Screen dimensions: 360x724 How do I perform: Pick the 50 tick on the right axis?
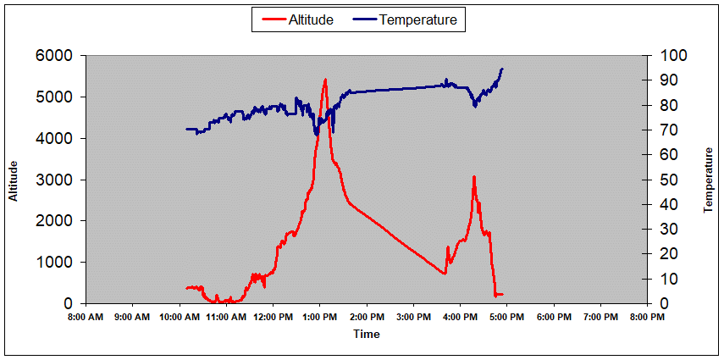pos(660,180)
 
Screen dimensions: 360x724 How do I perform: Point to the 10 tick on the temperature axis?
pos(660,279)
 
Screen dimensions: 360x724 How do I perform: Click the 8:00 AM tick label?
pos(85,317)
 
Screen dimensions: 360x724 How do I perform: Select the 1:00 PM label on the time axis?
pos(319,317)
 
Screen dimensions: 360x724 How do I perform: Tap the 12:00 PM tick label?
pos(272,317)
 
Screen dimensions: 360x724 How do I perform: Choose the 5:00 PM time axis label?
pos(506,317)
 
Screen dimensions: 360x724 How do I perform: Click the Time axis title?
pos(366,334)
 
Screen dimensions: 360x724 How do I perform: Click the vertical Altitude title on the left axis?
pos(14,180)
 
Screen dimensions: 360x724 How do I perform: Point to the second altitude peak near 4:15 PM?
pos(474,176)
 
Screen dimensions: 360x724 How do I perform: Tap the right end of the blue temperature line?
pos(502,69)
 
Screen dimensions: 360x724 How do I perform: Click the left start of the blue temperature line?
pos(186,129)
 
